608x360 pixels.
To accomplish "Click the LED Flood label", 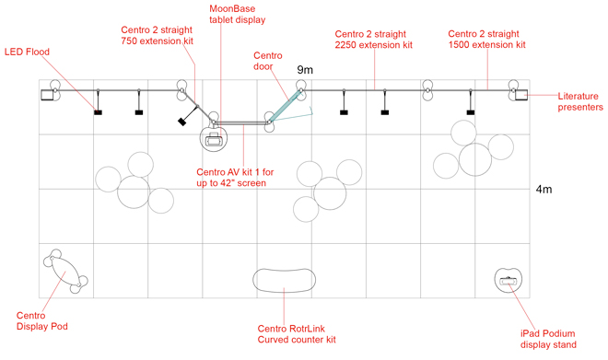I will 28,52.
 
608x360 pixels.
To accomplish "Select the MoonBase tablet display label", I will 237,14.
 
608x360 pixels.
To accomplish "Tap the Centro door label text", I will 273,61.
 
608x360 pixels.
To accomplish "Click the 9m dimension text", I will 305,70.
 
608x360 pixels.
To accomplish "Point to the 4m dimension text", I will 543,190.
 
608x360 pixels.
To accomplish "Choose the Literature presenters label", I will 580,101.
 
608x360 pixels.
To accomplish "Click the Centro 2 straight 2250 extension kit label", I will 373,39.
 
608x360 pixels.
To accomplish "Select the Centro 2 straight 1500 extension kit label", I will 486,39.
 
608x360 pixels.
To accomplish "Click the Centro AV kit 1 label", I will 231,178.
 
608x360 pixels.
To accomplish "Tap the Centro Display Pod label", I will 41,320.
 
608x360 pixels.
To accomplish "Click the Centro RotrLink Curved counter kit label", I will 296,333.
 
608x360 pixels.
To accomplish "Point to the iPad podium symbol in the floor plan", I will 509,280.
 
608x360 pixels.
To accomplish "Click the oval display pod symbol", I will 64,271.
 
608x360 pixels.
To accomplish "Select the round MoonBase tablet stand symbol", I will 216,139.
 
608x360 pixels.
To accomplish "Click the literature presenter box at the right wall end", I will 520,93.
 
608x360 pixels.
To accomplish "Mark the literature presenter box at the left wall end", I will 46,93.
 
